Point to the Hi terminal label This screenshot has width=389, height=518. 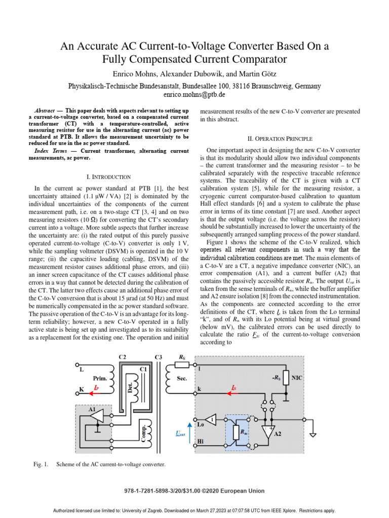201,442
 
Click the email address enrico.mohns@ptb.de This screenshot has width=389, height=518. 194,95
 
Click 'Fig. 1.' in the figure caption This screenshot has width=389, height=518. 41,464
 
